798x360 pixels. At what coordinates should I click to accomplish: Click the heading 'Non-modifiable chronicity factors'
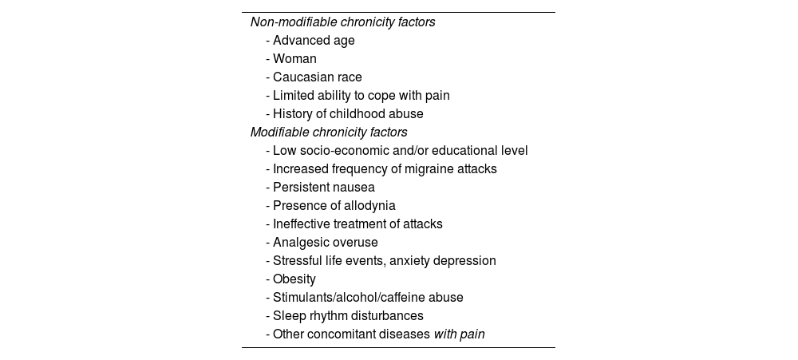click(x=342, y=22)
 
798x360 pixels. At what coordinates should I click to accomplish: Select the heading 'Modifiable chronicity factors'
click(x=329, y=133)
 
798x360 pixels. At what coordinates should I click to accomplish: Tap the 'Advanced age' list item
click(x=314, y=41)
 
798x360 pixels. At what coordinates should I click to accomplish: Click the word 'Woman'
click(x=294, y=59)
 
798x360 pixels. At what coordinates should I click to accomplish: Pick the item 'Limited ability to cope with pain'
click(x=361, y=96)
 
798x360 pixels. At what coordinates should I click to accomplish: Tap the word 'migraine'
click(x=425, y=169)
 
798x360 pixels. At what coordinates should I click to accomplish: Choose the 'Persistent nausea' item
click(x=323, y=188)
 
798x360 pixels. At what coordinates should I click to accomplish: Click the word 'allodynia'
click(x=368, y=206)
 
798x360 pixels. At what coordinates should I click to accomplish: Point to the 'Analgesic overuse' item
click(x=325, y=243)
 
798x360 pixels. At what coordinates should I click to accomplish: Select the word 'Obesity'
click(x=294, y=279)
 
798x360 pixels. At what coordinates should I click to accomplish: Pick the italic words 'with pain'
click(x=459, y=334)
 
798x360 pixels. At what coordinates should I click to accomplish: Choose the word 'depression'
click(x=462, y=261)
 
